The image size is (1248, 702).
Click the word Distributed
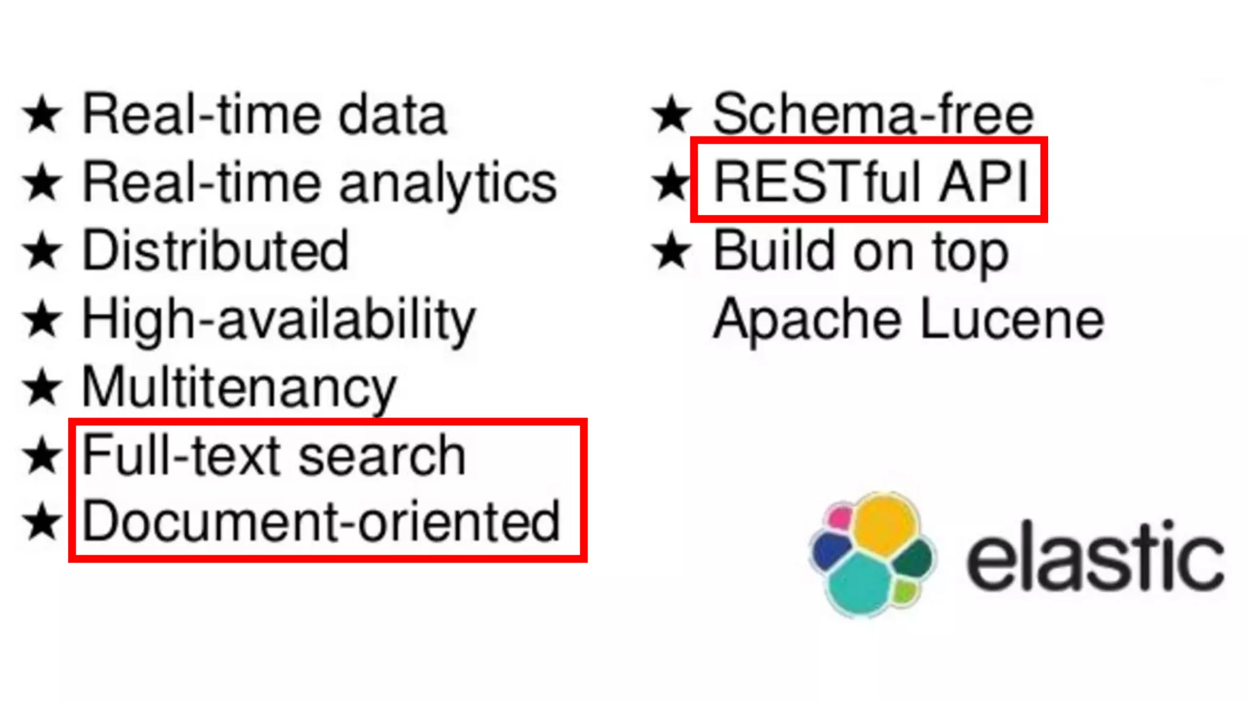[216, 250]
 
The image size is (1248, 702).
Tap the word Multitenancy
[239, 388]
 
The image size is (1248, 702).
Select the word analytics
[448, 183]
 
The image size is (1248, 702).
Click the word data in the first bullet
[393, 115]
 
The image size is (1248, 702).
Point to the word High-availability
[278, 319]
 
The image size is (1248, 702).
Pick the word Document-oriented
[321, 522]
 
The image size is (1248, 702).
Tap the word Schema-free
[873, 114]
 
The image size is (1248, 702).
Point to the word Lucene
[1012, 319]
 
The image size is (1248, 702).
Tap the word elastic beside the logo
[1095, 556]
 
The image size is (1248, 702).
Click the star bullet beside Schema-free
[672, 115]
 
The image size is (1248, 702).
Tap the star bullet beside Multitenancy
[43, 388]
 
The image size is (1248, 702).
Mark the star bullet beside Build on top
[672, 251]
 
